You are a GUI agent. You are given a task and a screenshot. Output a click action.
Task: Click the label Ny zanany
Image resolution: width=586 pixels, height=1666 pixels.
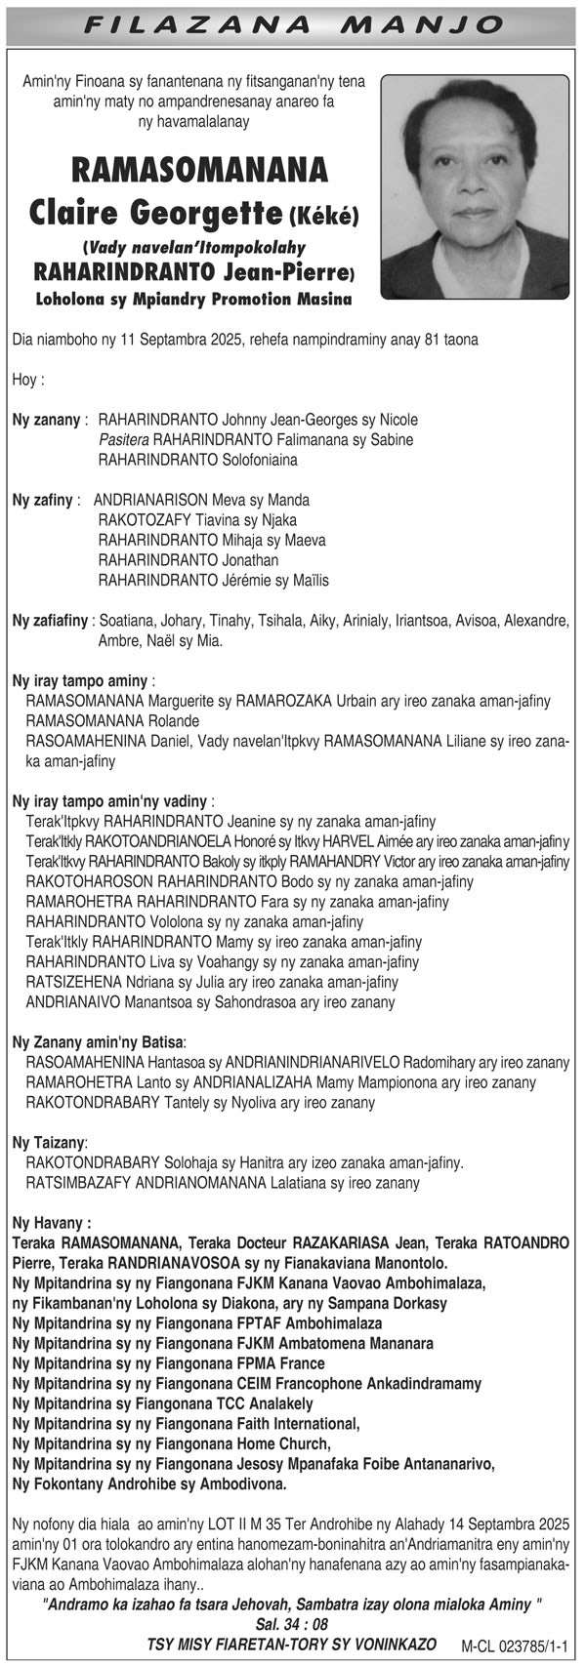48,419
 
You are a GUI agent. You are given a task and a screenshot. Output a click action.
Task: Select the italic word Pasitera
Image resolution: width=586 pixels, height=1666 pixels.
124,439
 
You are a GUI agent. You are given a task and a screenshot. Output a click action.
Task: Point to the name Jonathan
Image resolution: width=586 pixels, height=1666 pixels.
251,560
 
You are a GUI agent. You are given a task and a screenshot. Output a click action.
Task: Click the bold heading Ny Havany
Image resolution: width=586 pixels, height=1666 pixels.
52,1222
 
